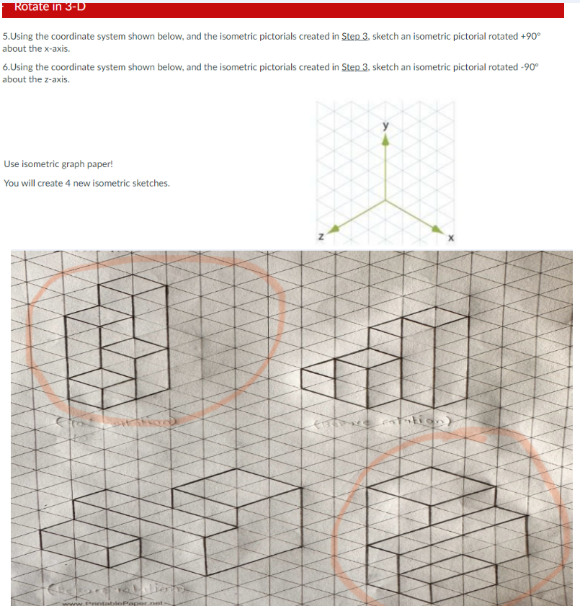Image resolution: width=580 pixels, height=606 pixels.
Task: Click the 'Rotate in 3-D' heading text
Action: click(x=45, y=7)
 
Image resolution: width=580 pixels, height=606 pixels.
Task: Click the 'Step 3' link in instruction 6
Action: click(x=355, y=67)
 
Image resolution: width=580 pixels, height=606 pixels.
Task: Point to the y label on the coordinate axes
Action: click(x=386, y=128)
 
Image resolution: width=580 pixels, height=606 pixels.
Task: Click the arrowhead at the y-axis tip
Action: click(x=386, y=141)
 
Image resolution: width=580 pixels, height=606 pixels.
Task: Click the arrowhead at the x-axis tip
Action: click(x=437, y=228)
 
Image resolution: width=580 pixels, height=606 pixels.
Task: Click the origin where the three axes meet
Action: click(x=386, y=201)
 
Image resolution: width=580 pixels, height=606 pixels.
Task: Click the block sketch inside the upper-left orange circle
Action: click(x=115, y=339)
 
